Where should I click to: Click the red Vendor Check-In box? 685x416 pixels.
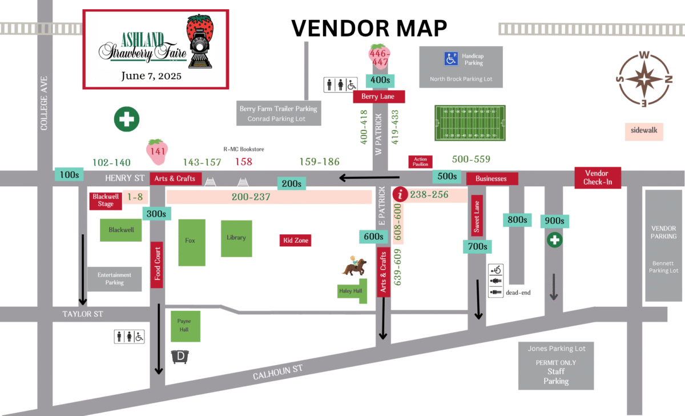598,178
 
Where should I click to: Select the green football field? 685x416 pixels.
470,123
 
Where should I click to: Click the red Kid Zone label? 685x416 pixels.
295,241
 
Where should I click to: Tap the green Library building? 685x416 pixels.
236,238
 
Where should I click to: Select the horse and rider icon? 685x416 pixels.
353,267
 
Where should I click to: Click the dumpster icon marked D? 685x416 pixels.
180,357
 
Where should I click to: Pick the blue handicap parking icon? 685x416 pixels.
451,58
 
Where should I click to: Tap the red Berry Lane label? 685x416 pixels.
378,97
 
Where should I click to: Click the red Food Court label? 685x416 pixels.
157,265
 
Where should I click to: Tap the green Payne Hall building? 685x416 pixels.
184,326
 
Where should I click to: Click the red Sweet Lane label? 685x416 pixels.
477,216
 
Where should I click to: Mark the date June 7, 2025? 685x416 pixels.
151,75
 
